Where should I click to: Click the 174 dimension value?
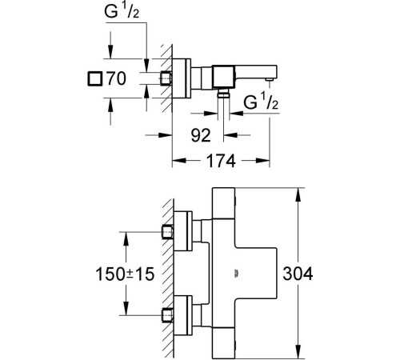tap(221, 161)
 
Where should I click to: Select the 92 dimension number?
tap(201, 135)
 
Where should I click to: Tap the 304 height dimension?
tap(298, 274)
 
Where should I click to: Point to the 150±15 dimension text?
tap(125, 274)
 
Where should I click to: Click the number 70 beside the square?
tap(116, 78)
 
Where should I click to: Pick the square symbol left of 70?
tap(95, 79)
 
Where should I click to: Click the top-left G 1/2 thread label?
tap(122, 11)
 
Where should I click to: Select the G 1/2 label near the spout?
tap(261, 102)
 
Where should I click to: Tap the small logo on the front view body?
tap(236, 274)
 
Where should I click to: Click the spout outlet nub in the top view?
tap(270, 79)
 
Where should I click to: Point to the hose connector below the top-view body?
tap(223, 94)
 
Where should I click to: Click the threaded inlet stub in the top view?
tap(166, 78)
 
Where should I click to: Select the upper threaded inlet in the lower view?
tap(168, 232)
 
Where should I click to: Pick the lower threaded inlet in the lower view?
tap(168, 315)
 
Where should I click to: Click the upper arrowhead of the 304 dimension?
tap(298, 194)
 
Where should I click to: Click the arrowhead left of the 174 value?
tap(179, 161)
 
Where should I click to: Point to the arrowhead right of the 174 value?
tap(262, 161)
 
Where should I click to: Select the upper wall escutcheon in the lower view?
tap(182, 231)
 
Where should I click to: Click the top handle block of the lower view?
tap(223, 203)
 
